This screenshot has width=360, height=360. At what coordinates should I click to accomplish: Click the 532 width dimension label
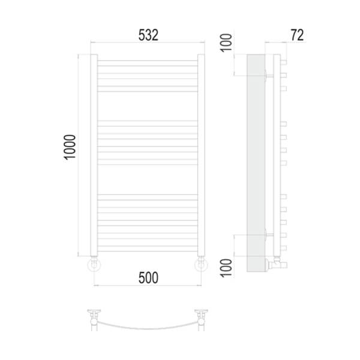(148, 35)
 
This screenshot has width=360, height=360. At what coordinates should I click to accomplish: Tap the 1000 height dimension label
(70, 147)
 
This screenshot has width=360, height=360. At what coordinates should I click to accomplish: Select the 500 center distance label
(148, 278)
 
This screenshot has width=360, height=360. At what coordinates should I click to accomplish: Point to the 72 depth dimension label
(297, 35)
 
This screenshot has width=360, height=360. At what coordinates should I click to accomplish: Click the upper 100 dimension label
(226, 43)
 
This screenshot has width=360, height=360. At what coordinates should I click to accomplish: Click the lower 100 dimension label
(226, 268)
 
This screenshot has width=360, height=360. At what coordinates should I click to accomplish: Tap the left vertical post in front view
(94, 155)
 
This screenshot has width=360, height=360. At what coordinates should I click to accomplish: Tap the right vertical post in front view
(201, 155)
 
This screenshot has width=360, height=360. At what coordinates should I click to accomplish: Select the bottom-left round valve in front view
(94, 265)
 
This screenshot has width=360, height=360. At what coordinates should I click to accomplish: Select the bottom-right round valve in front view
(202, 265)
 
